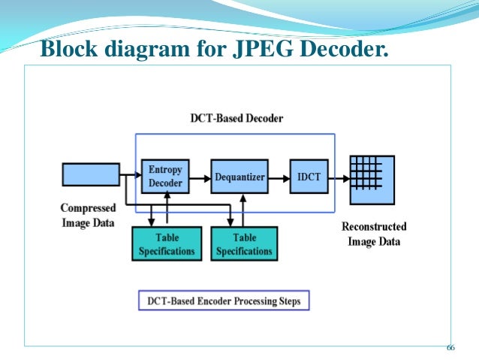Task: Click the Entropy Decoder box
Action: pyautogui.click(x=165, y=176)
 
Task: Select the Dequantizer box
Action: pyautogui.click(x=239, y=176)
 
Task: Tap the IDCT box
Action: pyautogui.click(x=309, y=176)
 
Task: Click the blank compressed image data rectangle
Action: pyautogui.click(x=91, y=174)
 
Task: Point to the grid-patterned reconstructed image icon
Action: pyautogui.click(x=372, y=180)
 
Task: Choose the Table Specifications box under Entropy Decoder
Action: pyautogui.click(x=167, y=244)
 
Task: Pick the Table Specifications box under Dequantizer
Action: pyautogui.click(x=244, y=244)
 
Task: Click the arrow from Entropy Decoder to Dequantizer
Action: pyautogui.click(x=200, y=178)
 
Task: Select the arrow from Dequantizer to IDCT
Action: pyautogui.click(x=279, y=178)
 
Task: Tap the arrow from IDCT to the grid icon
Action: pyautogui.click(x=339, y=178)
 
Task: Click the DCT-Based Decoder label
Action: pyautogui.click(x=236, y=118)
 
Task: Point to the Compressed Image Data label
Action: pyautogui.click(x=89, y=216)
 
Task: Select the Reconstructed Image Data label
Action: pyautogui.click(x=374, y=234)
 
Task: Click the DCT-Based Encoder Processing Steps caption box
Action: pyautogui.click(x=224, y=301)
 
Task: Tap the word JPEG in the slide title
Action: pyautogui.click(x=263, y=48)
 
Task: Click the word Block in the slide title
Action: pyautogui.click(x=69, y=48)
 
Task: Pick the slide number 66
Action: pyautogui.click(x=450, y=348)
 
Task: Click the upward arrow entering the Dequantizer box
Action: pyautogui.click(x=243, y=210)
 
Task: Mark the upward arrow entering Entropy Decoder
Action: pyautogui.click(x=167, y=207)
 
